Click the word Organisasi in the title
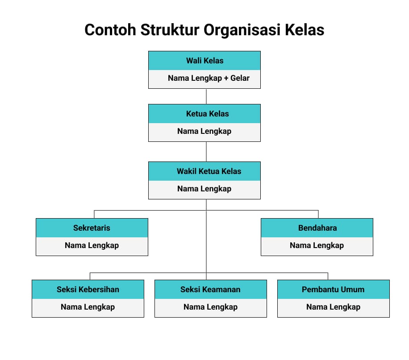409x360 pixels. coord(242,30)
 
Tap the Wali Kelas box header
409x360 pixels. coord(204,61)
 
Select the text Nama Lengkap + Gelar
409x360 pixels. coord(209,78)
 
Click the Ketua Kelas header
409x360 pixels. coord(204,114)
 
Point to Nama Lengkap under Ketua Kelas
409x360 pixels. coord(204,131)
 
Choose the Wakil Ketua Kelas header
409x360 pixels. coord(204,171)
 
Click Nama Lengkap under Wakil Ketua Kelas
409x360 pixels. coord(204,189)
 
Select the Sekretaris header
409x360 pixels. coord(92,228)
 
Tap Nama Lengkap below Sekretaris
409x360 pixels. coord(92,245)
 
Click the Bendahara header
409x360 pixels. coord(317,228)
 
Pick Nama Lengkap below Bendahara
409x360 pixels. coord(317,245)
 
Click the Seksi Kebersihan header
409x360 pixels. coord(88,290)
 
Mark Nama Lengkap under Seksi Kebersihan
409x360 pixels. coord(88,307)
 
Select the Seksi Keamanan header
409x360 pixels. coord(211,290)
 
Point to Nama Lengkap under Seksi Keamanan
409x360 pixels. coord(210,307)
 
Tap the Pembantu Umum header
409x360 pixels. coord(334,290)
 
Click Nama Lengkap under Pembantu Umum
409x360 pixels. coord(334,307)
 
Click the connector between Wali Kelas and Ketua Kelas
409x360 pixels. coord(206,96)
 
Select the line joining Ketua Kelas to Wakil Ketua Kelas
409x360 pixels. coord(206,152)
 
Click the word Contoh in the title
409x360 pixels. coord(110,30)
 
